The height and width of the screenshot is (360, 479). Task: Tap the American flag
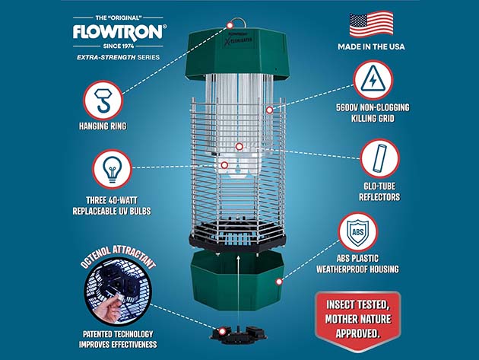click(x=371, y=24)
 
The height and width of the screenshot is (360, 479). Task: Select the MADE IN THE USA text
click(x=371, y=47)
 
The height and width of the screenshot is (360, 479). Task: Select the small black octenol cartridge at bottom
click(x=239, y=336)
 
